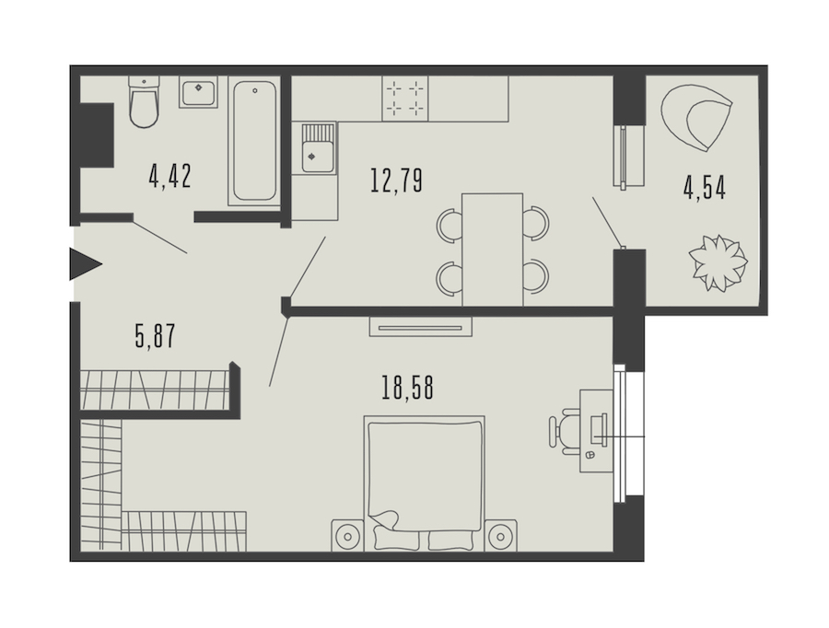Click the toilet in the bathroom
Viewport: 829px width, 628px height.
click(144, 102)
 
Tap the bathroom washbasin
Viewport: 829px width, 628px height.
click(198, 92)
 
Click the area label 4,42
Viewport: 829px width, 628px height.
click(169, 176)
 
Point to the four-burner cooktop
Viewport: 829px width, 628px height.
click(405, 99)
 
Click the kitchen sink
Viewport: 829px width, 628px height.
click(318, 148)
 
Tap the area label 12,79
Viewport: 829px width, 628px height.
click(396, 180)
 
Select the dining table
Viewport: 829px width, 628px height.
click(492, 250)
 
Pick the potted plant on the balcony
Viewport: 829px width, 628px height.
click(718, 262)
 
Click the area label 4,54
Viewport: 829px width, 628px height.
click(705, 188)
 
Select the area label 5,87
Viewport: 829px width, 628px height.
click(155, 336)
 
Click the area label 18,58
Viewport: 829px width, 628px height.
click(407, 388)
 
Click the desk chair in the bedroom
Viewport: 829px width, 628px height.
click(565, 431)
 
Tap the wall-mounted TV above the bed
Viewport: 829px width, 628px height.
click(420, 327)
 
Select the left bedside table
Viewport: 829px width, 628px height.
click(348, 536)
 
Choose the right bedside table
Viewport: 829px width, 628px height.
click(501, 536)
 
